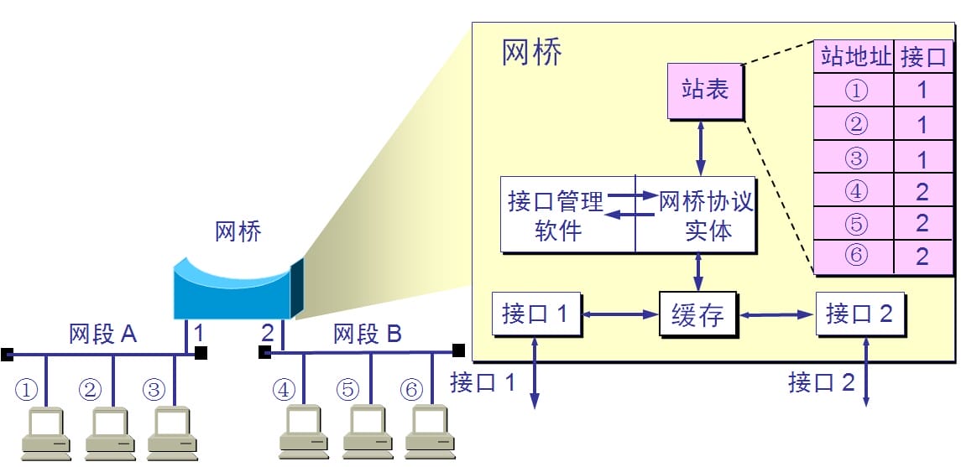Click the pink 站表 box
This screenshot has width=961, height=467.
pos(705,90)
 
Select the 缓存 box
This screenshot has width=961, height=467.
pos(697,315)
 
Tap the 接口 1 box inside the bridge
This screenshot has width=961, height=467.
pos(535,314)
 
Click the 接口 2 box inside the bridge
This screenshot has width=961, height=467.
pos(859,314)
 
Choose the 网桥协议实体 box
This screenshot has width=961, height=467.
pos(696,215)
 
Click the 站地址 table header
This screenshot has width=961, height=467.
pos(854,58)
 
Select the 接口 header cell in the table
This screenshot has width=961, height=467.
pos(923,58)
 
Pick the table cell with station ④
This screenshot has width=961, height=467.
pos(854,191)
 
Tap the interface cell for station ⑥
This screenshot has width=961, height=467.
pos(923,257)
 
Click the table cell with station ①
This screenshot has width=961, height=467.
pos(854,90)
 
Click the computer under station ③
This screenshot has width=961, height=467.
pos(171,433)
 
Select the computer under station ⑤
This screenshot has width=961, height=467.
pos(367,433)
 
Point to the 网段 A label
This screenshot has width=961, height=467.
pos(102,335)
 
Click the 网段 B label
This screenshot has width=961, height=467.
pos(368,335)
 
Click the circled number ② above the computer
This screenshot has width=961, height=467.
pos(90,390)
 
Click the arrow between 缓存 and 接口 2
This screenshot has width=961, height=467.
pos(778,315)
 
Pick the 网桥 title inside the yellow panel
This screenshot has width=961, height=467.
pos(532,53)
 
